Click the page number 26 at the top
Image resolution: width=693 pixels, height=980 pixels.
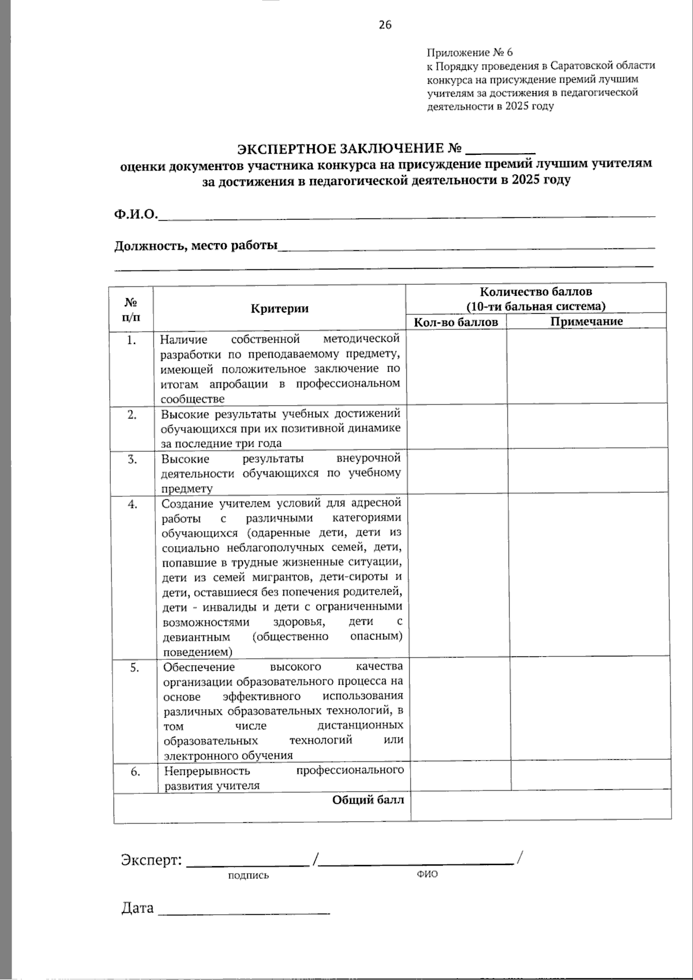pos(385,24)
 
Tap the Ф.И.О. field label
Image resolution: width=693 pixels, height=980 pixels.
pos(136,214)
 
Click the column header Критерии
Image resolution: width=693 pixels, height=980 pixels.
pos(280,308)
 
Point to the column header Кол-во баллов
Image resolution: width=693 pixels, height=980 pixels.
pos(456,322)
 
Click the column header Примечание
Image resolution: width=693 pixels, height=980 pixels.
pos(586,322)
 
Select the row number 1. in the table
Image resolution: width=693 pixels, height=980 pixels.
pos(132,340)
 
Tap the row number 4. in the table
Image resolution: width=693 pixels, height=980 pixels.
pos(133,504)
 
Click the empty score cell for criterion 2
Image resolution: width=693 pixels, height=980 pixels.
pos(457,428)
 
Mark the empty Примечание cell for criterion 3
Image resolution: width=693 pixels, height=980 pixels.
pos(587,473)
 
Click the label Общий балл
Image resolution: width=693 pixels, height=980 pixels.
pos(368,800)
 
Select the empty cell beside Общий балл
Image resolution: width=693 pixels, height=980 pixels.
pos(541,804)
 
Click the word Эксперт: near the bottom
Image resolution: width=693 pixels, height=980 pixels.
pos(151,860)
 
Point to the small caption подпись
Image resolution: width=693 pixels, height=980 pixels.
pos(248,875)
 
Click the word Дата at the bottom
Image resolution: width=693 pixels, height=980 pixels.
pos(137,908)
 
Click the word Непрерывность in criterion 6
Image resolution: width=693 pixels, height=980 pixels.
pos(207,771)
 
